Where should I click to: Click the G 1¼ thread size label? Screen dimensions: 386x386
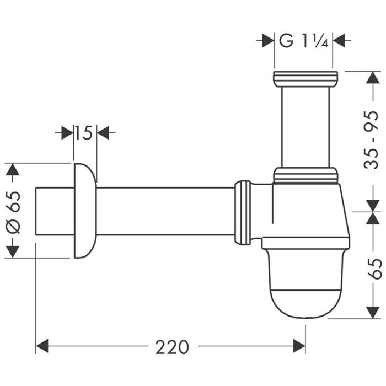[304, 41]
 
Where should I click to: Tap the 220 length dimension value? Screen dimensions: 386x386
[171, 347]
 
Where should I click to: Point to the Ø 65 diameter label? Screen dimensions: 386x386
[14, 211]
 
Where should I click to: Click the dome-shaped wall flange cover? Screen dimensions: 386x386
[83, 210]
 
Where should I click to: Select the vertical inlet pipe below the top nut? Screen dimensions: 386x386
[305, 127]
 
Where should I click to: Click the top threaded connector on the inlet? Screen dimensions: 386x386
[305, 78]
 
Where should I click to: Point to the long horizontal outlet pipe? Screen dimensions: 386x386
[165, 211]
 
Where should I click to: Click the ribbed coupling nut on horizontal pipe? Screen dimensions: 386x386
[244, 212]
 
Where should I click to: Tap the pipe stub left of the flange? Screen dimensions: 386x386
[53, 211]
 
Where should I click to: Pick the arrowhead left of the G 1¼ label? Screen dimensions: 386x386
[268, 41]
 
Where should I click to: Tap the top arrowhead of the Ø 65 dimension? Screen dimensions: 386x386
[12, 169]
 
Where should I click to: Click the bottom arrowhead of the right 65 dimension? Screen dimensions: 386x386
[373, 312]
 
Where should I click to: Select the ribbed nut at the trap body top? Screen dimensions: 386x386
[305, 176]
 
